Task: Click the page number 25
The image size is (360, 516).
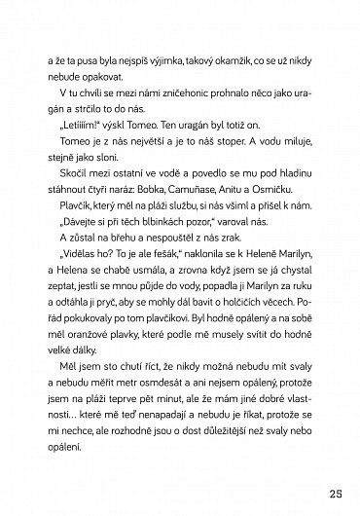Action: tap(334, 487)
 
